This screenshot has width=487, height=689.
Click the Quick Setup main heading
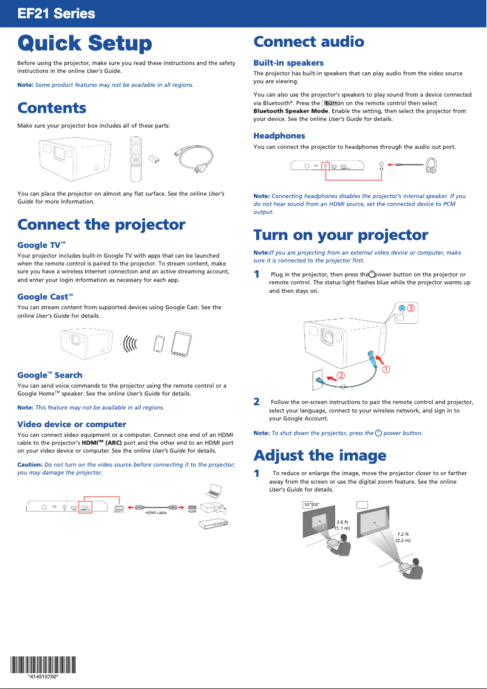[84, 43]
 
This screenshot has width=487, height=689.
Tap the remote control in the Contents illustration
[135, 159]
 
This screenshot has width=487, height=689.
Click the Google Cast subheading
[45, 297]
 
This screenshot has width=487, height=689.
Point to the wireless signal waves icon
[130, 344]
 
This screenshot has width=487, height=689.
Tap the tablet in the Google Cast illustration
[182, 343]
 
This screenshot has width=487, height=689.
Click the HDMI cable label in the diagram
[155, 513]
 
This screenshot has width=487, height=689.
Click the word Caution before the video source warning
[30, 464]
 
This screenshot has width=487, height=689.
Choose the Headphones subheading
[279, 135]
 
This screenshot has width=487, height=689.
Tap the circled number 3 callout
[410, 308]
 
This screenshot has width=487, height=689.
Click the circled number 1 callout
[385, 369]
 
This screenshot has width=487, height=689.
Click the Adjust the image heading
[319, 455]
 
